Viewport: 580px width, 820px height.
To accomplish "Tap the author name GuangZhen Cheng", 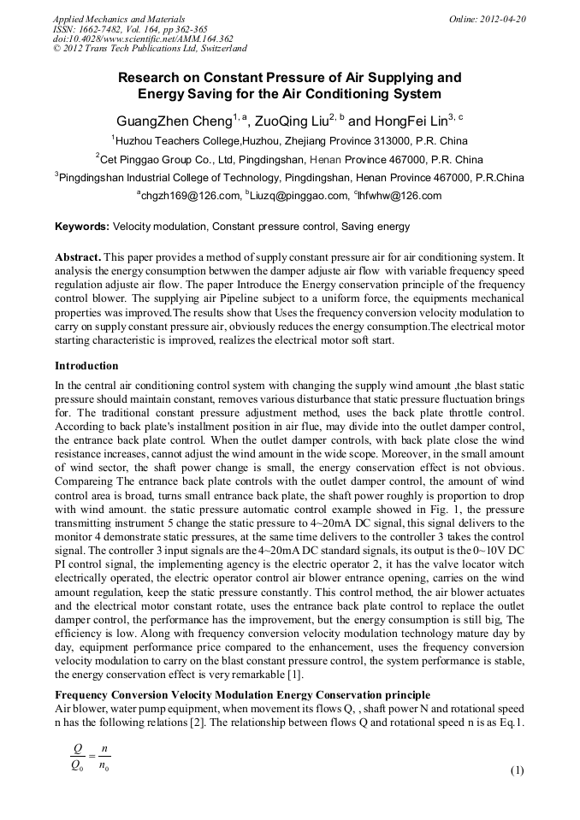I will point(169,121).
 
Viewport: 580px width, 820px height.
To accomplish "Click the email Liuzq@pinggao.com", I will point(300,196).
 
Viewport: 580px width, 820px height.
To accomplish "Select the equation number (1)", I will point(517,770).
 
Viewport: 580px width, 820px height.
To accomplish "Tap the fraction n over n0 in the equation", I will point(104,755).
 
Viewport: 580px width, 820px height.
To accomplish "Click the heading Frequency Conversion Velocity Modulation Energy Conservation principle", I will point(242,694).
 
